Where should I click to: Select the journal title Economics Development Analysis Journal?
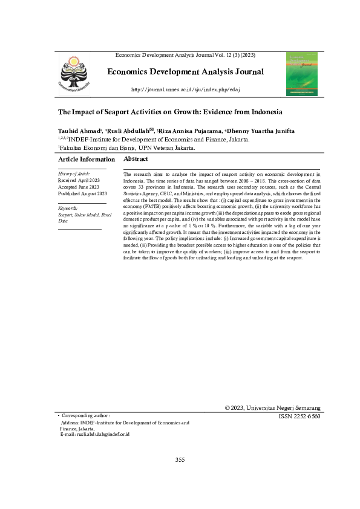pyautogui.click(x=185, y=73)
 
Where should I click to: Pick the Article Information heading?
pyautogui.click(x=87, y=159)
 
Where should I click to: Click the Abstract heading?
pyautogui.click(x=136, y=158)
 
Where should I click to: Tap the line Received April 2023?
pyautogui.click(x=82, y=180)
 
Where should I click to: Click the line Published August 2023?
pyautogui.click(x=82, y=193)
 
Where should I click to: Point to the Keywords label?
pyautogui.click(x=68, y=208)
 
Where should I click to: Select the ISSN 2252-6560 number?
pyautogui.click(x=299, y=417)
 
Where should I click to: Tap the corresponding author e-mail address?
pyautogui.click(x=95, y=435)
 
